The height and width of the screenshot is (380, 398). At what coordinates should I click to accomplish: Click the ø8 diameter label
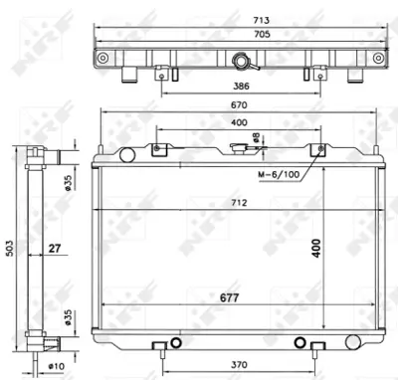coord(256,137)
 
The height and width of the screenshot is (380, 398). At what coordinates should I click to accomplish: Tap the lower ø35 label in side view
coord(67,318)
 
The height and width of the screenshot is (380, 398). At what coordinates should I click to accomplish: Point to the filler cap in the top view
coord(241,63)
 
